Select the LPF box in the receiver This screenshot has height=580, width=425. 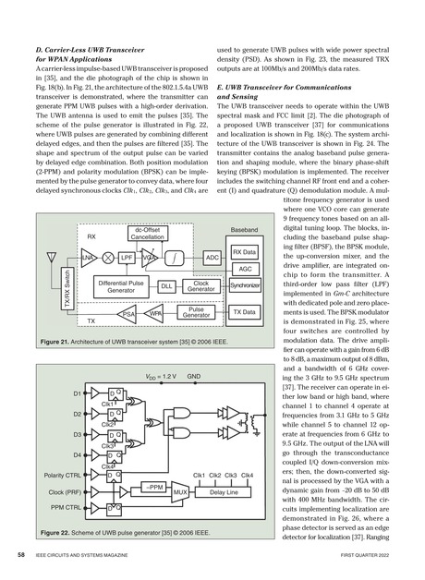(127, 230)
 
